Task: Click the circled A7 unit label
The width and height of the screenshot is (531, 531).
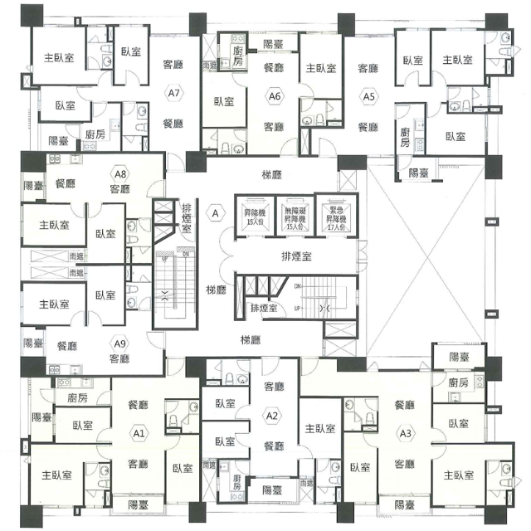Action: click(173, 93)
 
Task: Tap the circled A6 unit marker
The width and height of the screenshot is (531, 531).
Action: click(275, 97)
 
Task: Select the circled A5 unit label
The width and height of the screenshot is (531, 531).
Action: click(368, 97)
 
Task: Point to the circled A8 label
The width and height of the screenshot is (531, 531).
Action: click(121, 174)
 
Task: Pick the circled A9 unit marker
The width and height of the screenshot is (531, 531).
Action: click(119, 344)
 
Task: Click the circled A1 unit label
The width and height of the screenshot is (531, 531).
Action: click(139, 433)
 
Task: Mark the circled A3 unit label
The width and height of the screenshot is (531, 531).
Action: click(406, 433)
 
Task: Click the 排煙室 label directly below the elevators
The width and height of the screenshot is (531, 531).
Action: click(295, 256)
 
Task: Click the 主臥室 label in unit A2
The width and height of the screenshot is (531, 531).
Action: click(320, 428)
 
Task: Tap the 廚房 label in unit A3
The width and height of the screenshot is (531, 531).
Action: click(458, 382)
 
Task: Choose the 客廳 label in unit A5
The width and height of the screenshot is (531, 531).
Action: click(368, 68)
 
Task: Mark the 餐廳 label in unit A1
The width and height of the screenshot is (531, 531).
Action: click(138, 405)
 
